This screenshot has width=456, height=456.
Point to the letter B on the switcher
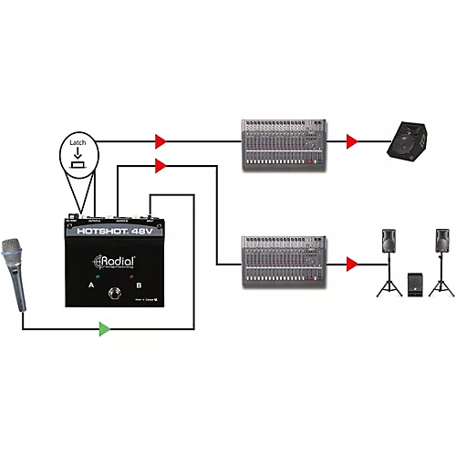click(x=139, y=285)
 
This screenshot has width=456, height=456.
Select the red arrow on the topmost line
click(x=161, y=141)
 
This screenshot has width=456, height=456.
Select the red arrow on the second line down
click(x=161, y=165)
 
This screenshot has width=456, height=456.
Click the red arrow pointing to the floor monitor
click(x=351, y=141)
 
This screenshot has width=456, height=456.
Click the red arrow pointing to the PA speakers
click(x=351, y=264)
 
